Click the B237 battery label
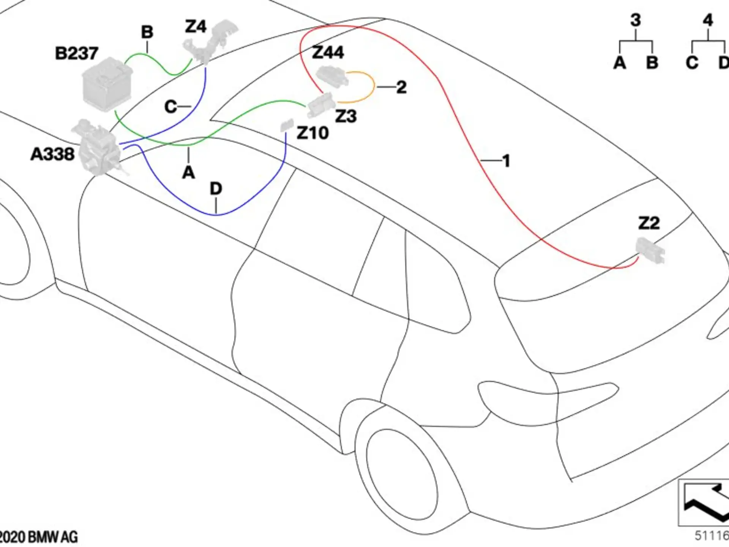[77, 53]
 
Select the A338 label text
[52, 154]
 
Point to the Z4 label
[196, 27]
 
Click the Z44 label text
[328, 52]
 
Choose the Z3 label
[346, 116]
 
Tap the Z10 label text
[312, 133]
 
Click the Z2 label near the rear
[649, 223]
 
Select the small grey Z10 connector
[287, 125]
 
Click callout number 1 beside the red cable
[506, 161]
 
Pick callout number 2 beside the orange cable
[401, 87]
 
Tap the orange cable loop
[374, 87]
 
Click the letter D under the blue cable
[216, 188]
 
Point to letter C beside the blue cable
[170, 107]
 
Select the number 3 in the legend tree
[636, 20]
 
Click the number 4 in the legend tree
[708, 20]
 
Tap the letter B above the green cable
[147, 32]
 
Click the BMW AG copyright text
[39, 537]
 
